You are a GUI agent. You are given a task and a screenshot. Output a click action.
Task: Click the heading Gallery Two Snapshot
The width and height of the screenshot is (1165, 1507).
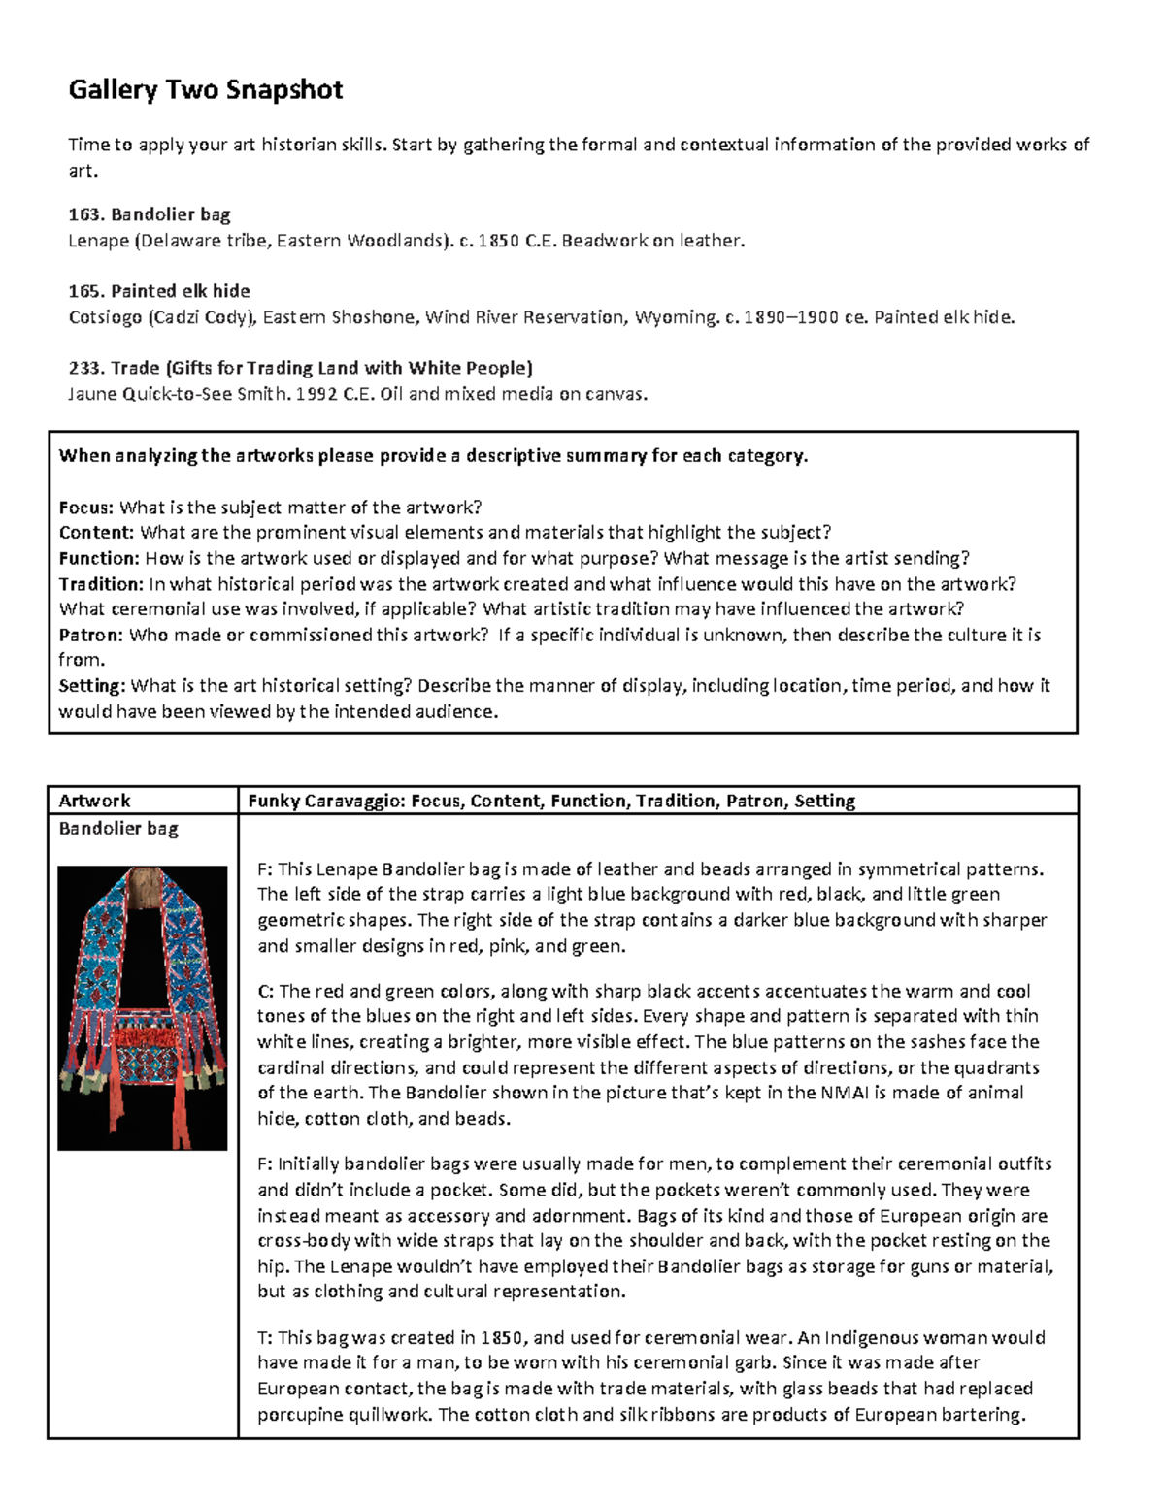pyautogui.click(x=205, y=90)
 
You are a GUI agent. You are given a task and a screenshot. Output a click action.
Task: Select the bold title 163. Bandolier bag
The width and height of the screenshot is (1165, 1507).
pyautogui.click(x=149, y=213)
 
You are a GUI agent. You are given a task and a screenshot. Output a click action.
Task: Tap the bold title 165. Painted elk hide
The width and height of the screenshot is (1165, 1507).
pyautogui.click(x=158, y=290)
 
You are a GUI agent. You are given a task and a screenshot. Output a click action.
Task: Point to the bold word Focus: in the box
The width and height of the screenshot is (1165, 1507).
pyautogui.click(x=86, y=507)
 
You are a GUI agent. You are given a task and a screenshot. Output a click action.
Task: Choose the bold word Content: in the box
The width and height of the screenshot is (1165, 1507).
pyautogui.click(x=96, y=532)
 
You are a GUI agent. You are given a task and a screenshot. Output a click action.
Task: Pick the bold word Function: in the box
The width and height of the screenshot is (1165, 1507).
pyautogui.click(x=99, y=558)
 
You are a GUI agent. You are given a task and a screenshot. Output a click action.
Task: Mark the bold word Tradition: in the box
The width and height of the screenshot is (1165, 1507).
pyautogui.click(x=101, y=584)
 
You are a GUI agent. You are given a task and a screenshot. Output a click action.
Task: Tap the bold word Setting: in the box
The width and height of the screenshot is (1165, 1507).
pyautogui.click(x=91, y=686)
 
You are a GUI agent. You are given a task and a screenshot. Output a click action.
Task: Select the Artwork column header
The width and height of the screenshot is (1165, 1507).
pyautogui.click(x=94, y=801)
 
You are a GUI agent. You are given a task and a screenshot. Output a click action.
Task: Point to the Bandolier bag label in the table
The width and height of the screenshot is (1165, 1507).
pyautogui.click(x=118, y=829)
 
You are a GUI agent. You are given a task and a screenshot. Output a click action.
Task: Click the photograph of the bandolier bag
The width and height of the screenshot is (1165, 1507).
pyautogui.click(x=142, y=1007)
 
